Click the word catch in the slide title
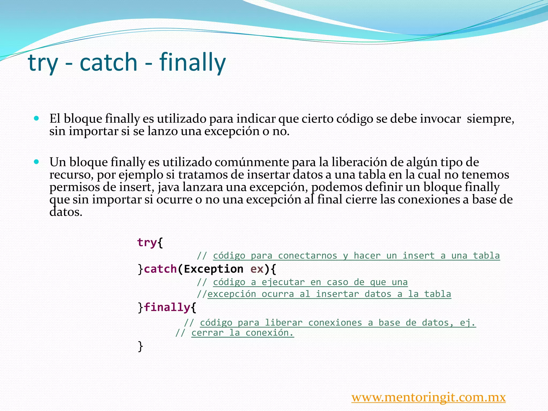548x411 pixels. (108, 62)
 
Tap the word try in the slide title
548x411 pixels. (43, 63)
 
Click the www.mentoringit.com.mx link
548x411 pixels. (428, 397)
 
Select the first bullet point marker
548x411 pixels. (37, 118)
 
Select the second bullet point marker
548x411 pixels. (37, 162)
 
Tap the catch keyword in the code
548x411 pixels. (160, 269)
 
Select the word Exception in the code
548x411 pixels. (214, 269)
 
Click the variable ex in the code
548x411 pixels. (257, 269)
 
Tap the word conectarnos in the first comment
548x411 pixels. (307, 256)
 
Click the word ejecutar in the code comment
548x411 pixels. (283, 282)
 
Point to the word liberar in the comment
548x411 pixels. (284, 323)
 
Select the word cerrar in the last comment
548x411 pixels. (207, 333)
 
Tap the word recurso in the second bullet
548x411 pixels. (71, 175)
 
